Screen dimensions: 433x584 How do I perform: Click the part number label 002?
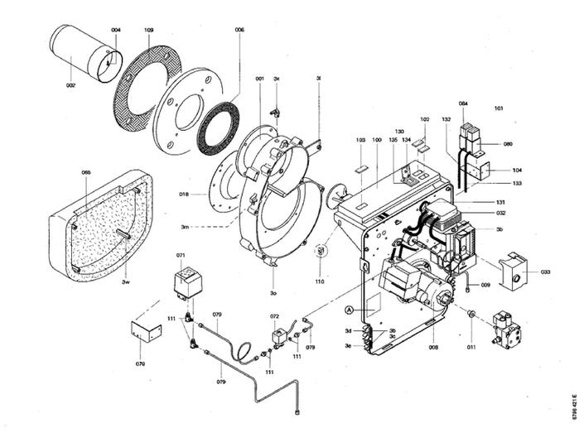point(70,85)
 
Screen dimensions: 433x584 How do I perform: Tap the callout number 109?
point(148,31)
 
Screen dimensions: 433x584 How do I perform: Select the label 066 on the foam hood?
point(86,172)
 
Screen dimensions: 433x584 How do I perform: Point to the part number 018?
point(183,195)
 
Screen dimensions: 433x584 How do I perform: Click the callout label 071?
point(181,255)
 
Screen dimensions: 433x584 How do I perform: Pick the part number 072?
point(274,316)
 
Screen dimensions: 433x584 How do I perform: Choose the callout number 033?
point(545,272)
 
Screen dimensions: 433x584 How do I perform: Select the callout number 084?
point(463,103)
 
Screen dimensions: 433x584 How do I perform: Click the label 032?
point(500,213)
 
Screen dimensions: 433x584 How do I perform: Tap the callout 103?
point(360,141)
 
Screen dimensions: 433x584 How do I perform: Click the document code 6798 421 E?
point(574,407)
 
